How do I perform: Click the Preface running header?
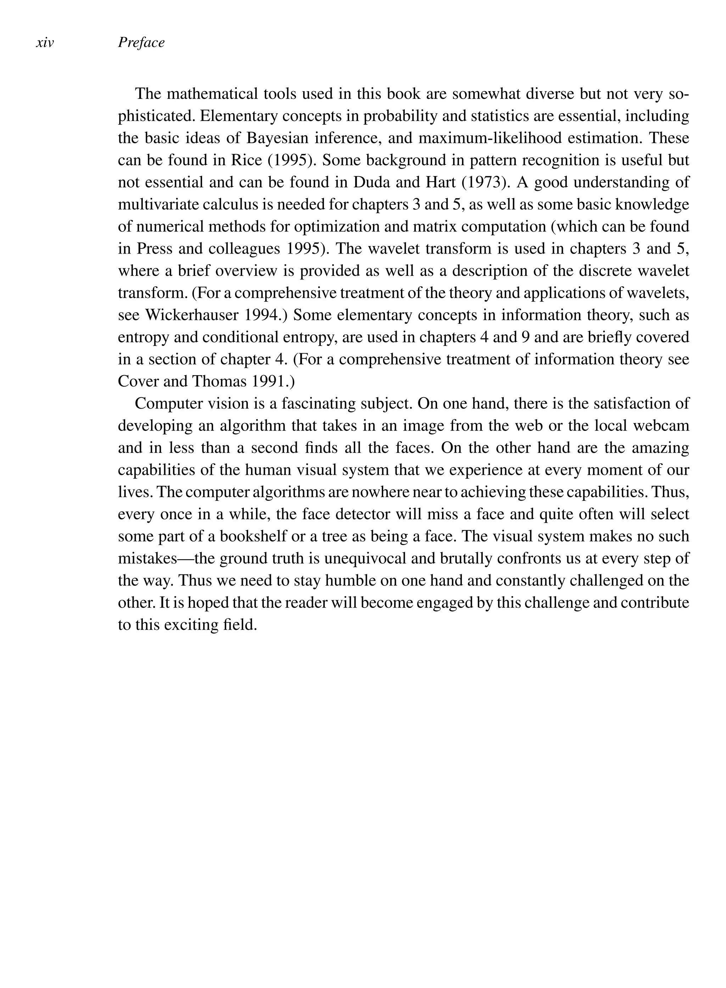tap(141, 43)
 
